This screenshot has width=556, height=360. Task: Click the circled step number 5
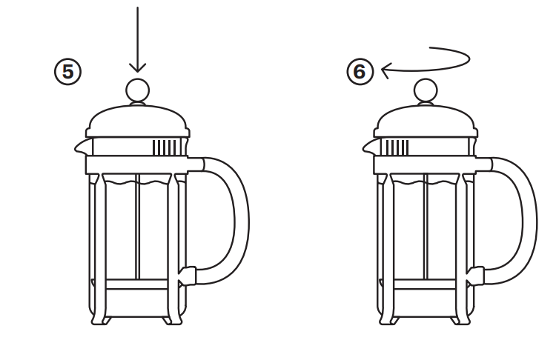[68, 72]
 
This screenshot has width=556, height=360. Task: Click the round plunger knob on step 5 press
[138, 90]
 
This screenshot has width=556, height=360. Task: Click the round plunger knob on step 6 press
[426, 90]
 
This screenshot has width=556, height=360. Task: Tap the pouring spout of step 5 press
[81, 147]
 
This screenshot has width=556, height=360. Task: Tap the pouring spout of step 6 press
[368, 147]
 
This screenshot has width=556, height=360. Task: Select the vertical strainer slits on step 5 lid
[165, 147]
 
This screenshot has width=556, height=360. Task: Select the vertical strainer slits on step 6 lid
[396, 147]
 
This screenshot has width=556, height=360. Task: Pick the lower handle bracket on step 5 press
[188, 276]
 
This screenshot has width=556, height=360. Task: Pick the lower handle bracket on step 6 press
[476, 276]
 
